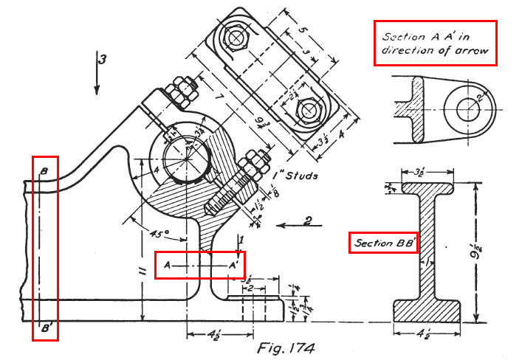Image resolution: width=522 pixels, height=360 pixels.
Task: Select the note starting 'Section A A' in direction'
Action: (x=435, y=44)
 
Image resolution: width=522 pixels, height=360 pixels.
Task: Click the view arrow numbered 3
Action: (x=97, y=74)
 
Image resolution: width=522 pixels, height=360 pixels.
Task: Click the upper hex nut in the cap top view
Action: (x=239, y=38)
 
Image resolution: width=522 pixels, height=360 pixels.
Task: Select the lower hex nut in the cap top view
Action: (x=306, y=111)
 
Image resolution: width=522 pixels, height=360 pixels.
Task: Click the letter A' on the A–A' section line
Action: (x=233, y=264)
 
